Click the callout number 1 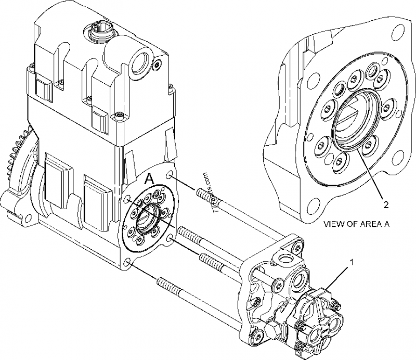[352, 263]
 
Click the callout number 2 [385, 204]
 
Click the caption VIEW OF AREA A [357, 225]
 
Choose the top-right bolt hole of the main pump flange [170, 178]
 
